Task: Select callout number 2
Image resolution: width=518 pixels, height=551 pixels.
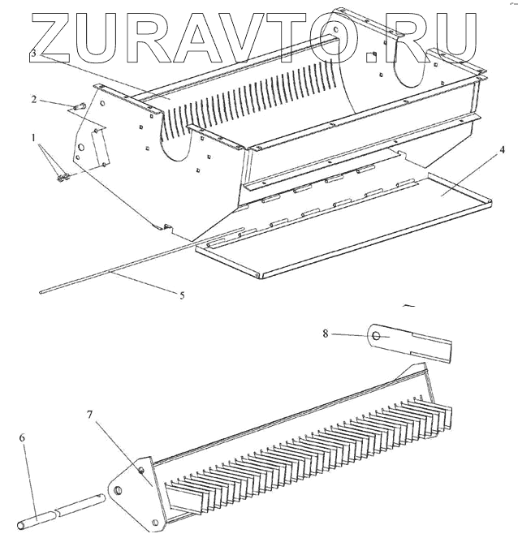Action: [x=34, y=99]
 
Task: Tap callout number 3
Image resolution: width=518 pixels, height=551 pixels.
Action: [x=32, y=53]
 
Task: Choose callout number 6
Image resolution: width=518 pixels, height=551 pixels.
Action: [x=23, y=437]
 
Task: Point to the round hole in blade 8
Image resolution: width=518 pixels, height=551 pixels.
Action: [x=377, y=334]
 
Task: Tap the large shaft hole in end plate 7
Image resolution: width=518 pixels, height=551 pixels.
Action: [x=119, y=489]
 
